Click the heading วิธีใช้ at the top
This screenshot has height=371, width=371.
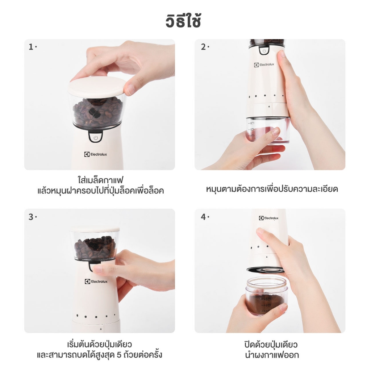(183, 20)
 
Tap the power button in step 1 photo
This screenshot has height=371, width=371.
(96, 137)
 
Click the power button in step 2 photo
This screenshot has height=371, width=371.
(264, 51)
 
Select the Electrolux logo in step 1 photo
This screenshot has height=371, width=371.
(96, 154)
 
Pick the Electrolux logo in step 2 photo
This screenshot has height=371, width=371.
(264, 64)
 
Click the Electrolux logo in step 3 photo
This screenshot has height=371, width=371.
(96, 281)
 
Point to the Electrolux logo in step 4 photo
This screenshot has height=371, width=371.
(268, 218)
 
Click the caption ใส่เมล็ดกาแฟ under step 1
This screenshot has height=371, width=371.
(101, 180)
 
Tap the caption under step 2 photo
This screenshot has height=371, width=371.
(272, 189)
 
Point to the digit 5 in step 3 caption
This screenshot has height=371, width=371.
(120, 355)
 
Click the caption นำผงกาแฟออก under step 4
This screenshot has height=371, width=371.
(272, 355)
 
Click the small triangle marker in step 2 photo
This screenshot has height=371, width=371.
(269, 107)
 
